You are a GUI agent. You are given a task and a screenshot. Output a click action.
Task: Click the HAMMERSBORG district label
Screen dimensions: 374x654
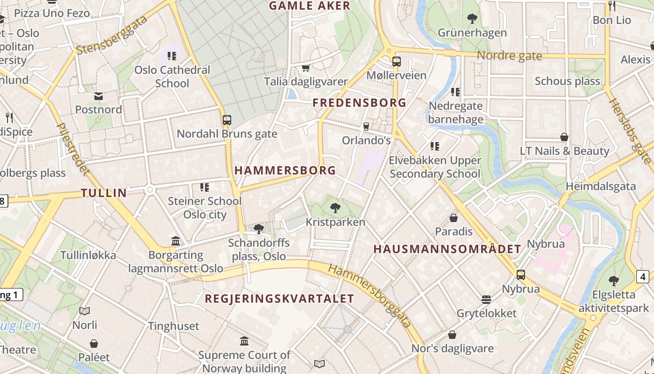(285, 171)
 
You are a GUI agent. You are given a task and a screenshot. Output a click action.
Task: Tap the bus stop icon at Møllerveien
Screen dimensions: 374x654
(396, 61)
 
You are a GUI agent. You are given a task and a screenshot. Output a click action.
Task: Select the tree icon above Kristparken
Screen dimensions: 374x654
(335, 208)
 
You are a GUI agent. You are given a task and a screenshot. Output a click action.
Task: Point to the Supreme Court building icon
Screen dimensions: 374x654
(244, 341)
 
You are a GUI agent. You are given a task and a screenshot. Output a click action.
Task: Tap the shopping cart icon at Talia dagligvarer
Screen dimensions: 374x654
(306, 68)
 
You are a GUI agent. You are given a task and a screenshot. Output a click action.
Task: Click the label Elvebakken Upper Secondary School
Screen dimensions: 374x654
(435, 167)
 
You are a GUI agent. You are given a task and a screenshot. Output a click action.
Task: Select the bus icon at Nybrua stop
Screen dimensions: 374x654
(521, 275)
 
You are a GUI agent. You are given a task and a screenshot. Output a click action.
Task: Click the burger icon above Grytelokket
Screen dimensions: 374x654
(486, 299)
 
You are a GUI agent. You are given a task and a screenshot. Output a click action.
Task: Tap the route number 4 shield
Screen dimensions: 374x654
(643, 277)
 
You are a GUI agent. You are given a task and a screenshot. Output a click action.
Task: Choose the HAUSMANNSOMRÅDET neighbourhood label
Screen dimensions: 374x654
(447, 249)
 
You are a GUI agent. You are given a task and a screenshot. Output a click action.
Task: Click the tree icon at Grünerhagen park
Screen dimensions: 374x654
(472, 19)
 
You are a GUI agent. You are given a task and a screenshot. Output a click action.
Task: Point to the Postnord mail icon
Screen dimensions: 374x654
(99, 96)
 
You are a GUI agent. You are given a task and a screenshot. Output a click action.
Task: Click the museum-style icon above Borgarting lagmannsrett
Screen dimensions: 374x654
(176, 241)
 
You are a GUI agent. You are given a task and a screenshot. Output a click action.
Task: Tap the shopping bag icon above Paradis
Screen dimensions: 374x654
(453, 218)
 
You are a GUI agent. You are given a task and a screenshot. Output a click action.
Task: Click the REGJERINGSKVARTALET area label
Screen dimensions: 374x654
(279, 298)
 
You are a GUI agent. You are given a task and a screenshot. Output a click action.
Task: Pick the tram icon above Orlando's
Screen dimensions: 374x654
(366, 126)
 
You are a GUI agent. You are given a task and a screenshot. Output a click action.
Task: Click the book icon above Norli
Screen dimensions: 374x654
(85, 311)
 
